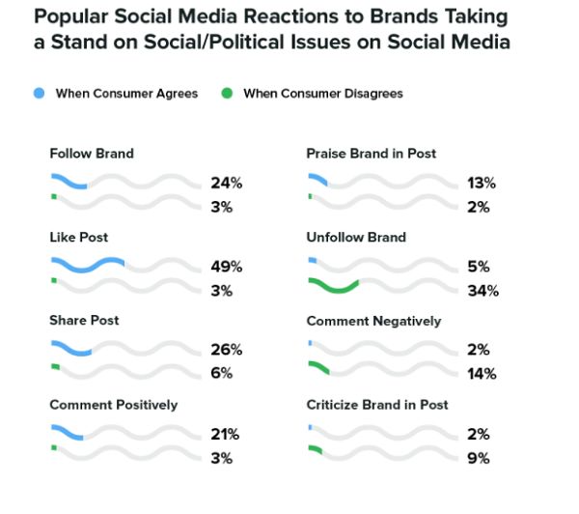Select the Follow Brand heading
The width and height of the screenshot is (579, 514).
[91, 154]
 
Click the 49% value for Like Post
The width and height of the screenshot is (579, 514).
[227, 267]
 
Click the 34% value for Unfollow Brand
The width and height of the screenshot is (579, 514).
[482, 291]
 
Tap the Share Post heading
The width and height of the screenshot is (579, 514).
[84, 321]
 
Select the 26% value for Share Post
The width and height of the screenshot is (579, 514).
[227, 350]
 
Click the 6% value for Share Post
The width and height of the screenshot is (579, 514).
[223, 374]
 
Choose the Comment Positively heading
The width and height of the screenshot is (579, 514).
[113, 405]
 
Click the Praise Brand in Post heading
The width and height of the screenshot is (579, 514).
[371, 154]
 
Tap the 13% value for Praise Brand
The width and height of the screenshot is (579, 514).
[482, 183]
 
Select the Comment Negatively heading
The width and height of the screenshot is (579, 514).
[373, 321]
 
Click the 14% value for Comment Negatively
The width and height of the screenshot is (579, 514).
[482, 374]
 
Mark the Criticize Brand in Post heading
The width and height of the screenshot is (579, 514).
[377, 405]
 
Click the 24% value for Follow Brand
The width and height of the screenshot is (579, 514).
[227, 183]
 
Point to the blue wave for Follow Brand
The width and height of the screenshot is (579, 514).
[69, 182]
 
